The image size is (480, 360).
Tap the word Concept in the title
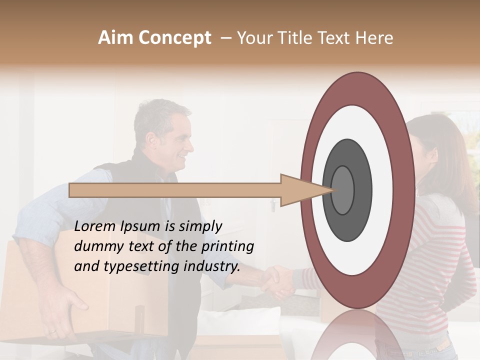(174, 37)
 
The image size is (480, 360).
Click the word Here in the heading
(374, 37)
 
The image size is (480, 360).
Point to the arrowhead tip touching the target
(332, 190)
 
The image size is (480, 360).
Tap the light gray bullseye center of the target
(343, 190)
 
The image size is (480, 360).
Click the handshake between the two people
(277, 282)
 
